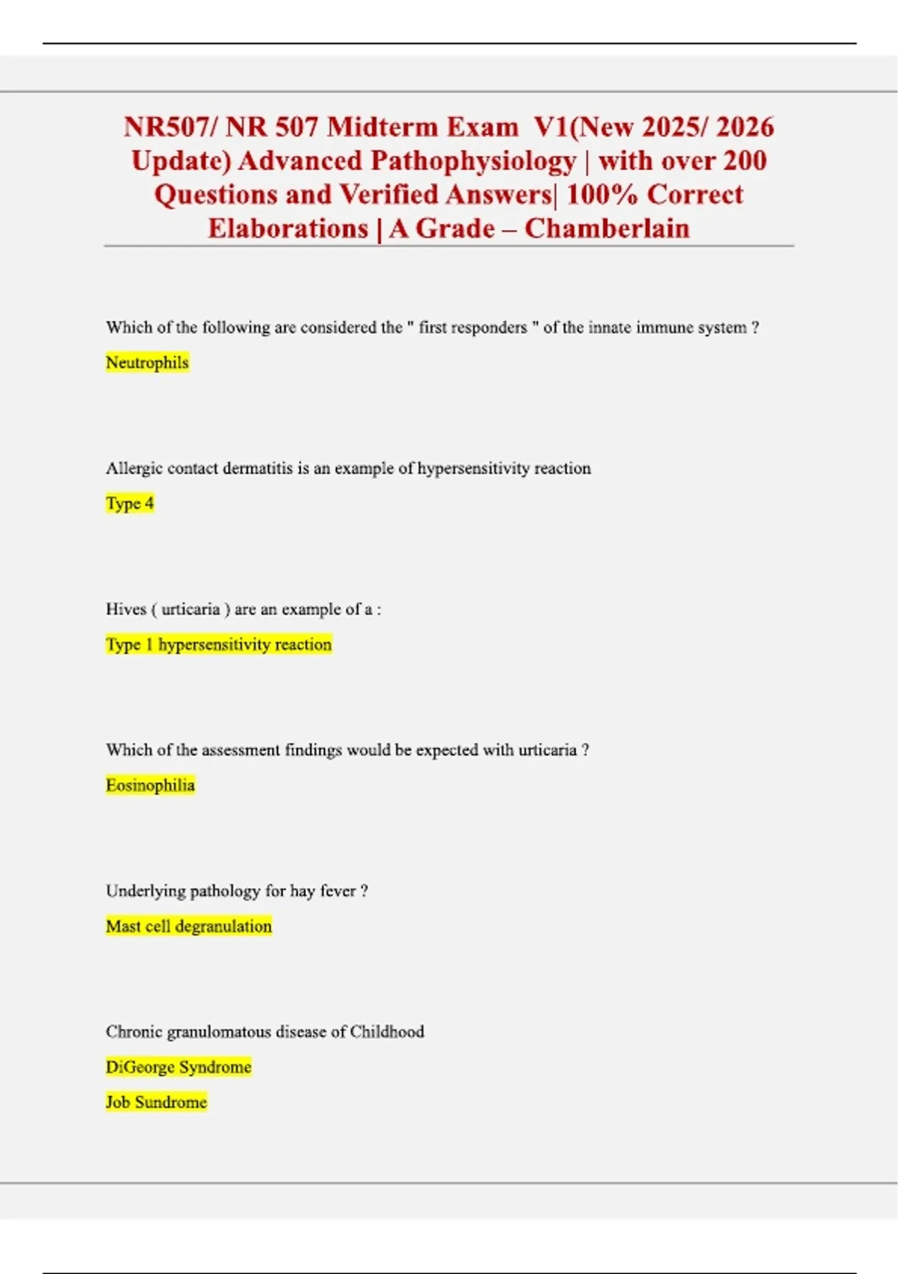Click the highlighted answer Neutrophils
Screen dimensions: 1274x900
(147, 363)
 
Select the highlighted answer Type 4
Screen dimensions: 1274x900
(130, 504)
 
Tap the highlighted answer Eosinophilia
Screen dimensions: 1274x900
(150, 785)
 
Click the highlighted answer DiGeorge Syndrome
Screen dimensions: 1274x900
(178, 1067)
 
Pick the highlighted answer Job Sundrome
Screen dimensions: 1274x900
(156, 1102)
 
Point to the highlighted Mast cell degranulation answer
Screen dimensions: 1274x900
(189, 926)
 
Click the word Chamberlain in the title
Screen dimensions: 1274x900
(607, 229)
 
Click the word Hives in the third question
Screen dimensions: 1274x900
(125, 609)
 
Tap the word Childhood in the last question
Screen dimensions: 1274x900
(387, 1032)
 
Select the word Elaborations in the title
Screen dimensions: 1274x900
(288, 229)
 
